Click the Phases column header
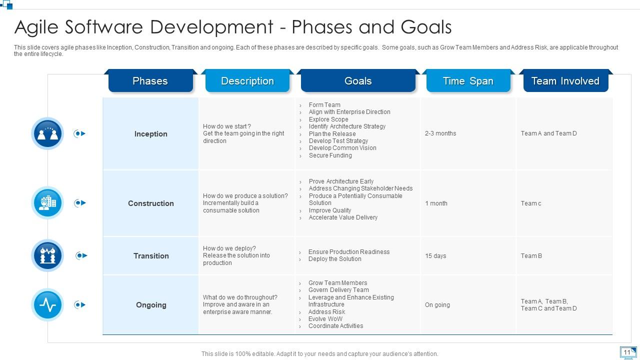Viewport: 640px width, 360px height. [150, 81]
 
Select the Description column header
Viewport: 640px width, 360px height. [247, 81]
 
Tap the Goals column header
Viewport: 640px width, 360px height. [358, 81]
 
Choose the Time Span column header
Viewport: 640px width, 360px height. [468, 81]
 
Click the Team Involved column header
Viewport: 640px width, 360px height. [565, 81]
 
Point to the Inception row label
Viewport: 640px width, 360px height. [150, 134]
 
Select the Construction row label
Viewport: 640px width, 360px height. [150, 203]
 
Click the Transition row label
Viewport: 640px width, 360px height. [150, 256]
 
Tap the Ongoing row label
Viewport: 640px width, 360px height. [150, 305]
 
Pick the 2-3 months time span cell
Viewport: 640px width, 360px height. [440, 133]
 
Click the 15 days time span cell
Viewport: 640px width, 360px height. [435, 256]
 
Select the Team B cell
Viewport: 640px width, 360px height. [531, 256]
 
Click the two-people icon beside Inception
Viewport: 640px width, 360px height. [48, 133]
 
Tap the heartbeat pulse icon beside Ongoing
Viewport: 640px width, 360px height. [48, 304]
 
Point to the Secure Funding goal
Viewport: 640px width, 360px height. [330, 155]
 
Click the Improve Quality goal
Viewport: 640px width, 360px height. [329, 210]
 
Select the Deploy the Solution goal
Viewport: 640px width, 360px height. [334, 259]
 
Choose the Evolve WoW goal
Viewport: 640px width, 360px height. [325, 319]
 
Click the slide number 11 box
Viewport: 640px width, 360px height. [627, 352]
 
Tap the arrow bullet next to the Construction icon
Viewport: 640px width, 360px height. [79, 203]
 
